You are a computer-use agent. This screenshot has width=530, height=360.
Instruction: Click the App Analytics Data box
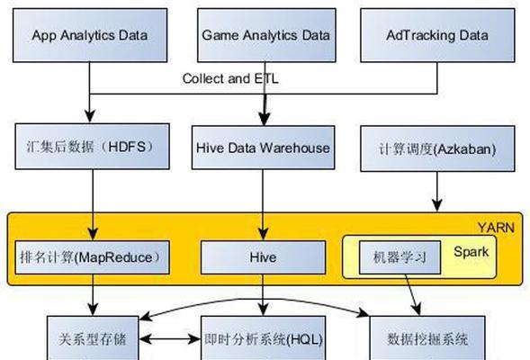[x=90, y=35]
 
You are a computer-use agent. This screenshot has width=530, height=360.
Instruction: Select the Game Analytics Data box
[x=266, y=35]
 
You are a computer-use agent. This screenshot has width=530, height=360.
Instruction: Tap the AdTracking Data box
[x=437, y=35]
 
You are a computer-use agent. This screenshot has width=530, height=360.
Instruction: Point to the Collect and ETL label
[x=230, y=79]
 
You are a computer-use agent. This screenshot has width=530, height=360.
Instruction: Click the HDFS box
[x=93, y=147]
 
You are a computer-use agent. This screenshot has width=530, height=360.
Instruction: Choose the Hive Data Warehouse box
[x=263, y=148]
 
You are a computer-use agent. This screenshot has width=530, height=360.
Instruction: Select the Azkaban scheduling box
[x=437, y=148]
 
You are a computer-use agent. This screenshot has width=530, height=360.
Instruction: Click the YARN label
[x=496, y=228]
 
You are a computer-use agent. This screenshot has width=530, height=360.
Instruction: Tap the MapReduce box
[x=93, y=257]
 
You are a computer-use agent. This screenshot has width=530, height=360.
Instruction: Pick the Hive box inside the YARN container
[x=263, y=257]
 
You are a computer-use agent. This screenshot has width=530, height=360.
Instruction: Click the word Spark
[x=472, y=252]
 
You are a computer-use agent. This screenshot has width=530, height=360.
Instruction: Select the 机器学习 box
[x=400, y=257]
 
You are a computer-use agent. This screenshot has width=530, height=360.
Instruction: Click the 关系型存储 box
[x=93, y=338]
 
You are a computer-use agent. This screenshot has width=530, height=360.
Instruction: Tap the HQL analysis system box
[x=263, y=338]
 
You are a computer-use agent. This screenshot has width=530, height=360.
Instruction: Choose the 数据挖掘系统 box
[x=427, y=338]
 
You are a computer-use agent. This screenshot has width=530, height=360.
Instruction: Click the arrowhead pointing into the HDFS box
[x=90, y=116]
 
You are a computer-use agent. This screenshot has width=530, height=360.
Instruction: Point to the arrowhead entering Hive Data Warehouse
[x=264, y=119]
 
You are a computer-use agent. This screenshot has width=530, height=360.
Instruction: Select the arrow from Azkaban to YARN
[x=437, y=192]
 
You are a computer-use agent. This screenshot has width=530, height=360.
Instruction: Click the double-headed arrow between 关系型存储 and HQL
[x=170, y=338]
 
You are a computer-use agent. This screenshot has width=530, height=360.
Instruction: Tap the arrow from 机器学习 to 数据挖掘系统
[x=413, y=295]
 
